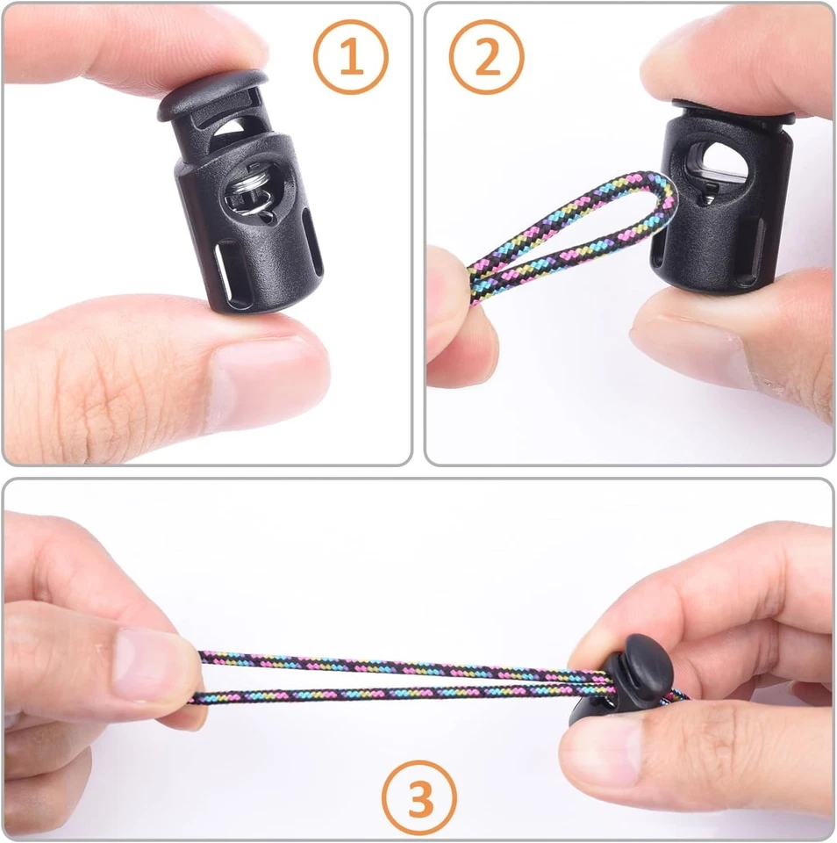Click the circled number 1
click(x=350, y=57)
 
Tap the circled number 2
click(x=486, y=57)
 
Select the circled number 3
click(x=419, y=798)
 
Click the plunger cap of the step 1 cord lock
click(x=213, y=93)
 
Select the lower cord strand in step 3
click(x=386, y=694)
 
